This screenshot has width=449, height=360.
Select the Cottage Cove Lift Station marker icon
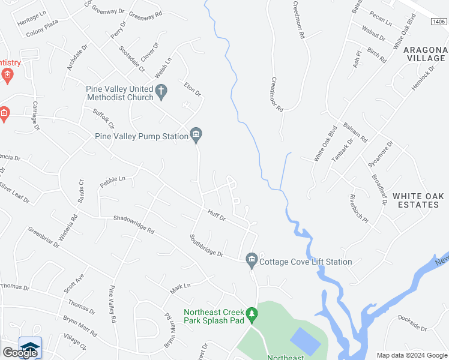click(252, 259)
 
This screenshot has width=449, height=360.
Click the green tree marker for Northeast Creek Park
click(252, 313)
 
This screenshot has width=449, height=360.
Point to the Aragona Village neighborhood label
click(425, 53)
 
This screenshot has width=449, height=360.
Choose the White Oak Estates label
click(418, 200)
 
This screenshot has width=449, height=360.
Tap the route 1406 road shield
click(438, 22)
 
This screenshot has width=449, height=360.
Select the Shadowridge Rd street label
click(134, 224)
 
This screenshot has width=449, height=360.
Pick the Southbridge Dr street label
click(206, 246)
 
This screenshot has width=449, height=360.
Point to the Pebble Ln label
click(113, 181)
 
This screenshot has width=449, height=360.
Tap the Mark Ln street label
click(179, 289)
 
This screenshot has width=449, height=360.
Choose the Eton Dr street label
click(192, 89)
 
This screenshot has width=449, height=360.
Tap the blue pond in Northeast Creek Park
click(305, 341)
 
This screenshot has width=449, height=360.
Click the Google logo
click(20, 352)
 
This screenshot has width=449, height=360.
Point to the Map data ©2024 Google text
click(412, 355)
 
